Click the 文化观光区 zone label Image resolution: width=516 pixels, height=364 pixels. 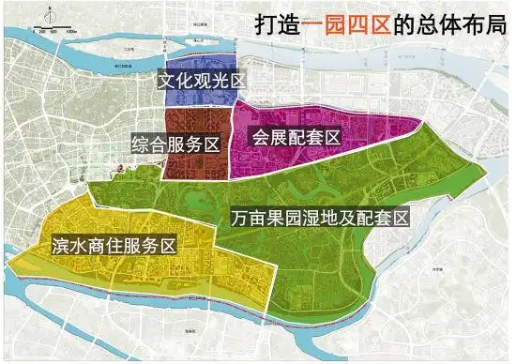pos(201,82)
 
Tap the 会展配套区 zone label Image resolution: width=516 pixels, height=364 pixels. pos(295,137)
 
